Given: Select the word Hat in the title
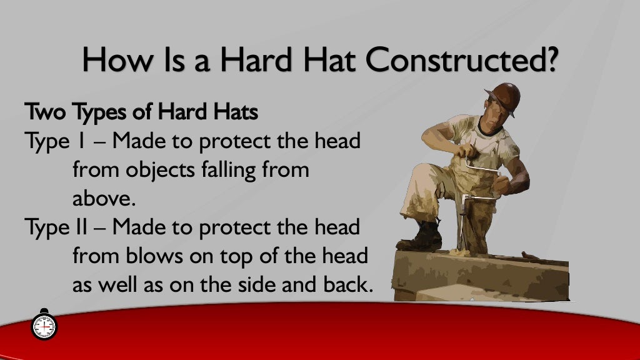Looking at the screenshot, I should coord(325,61).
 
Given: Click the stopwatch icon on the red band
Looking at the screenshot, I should coord(44,325).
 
